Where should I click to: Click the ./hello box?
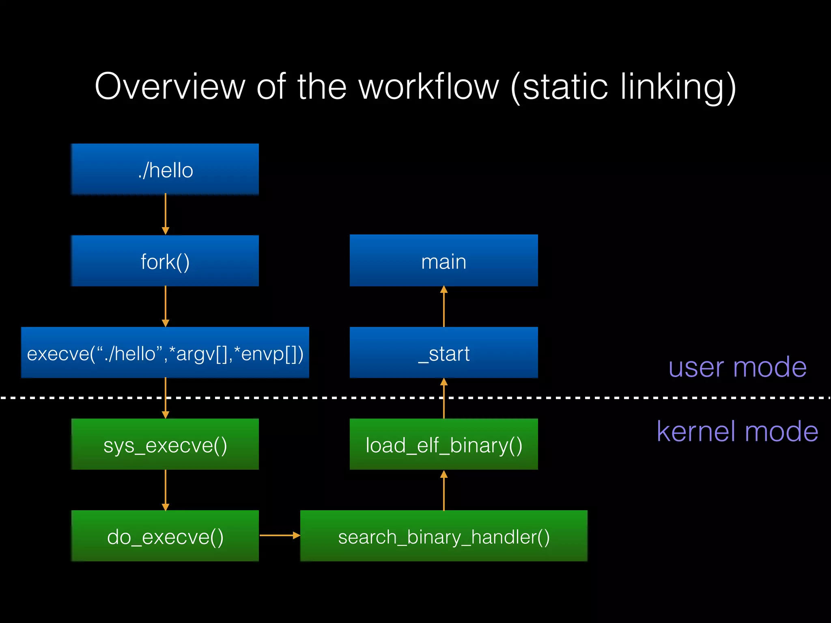point(165,170)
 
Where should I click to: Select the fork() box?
point(165,261)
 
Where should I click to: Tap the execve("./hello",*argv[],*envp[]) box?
point(165,352)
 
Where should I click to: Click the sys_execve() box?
point(165,444)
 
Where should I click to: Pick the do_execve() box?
point(165,536)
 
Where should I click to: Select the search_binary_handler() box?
point(443,536)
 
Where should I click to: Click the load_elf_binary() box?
point(443,444)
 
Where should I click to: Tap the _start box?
point(443,352)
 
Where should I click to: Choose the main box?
point(443,261)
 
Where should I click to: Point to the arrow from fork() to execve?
point(166,306)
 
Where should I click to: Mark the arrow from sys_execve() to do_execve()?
point(166,490)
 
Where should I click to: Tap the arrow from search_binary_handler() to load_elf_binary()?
point(444,490)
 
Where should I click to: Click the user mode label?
point(737,367)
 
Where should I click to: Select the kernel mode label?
point(737,431)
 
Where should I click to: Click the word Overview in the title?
point(170,86)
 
